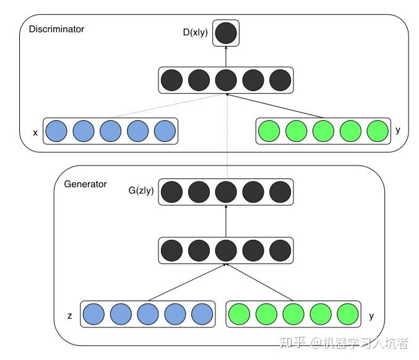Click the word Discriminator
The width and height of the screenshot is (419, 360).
click(56, 29)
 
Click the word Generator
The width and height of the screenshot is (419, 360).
click(85, 184)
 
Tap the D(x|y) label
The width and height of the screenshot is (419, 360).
click(196, 32)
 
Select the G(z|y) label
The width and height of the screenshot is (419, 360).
click(141, 190)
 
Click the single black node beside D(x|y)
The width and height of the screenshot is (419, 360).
click(226, 33)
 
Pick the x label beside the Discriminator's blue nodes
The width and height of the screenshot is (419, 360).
click(35, 133)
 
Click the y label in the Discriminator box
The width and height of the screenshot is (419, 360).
click(398, 130)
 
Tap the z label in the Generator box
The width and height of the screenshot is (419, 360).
click(70, 316)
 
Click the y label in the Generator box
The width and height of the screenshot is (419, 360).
click(371, 316)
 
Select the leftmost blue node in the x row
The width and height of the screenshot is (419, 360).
click(56, 131)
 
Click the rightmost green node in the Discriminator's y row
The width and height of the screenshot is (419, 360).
click(378, 131)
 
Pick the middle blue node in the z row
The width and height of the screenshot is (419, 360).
click(148, 314)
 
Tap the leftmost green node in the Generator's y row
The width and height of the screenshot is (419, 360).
click(239, 314)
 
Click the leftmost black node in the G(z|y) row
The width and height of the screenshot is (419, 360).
click(171, 192)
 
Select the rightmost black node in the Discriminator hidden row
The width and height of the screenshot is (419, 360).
click(280, 80)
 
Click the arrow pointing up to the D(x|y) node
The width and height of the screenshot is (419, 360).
click(226, 56)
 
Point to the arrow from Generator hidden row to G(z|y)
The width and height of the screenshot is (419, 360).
click(226, 221)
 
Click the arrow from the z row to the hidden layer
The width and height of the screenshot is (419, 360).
click(187, 283)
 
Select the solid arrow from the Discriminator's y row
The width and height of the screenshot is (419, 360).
click(275, 106)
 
